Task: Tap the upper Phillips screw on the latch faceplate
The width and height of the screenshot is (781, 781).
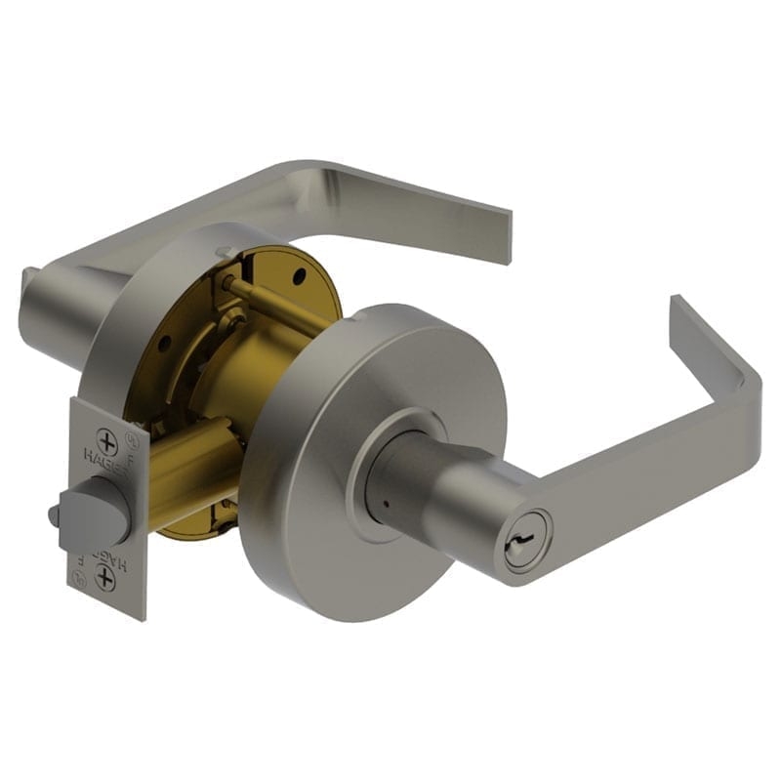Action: [107, 443]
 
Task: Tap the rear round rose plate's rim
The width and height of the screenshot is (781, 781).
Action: [146, 322]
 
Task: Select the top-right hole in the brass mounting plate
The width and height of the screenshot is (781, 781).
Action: [294, 275]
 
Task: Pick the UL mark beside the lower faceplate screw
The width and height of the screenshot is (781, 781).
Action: [130, 583]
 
